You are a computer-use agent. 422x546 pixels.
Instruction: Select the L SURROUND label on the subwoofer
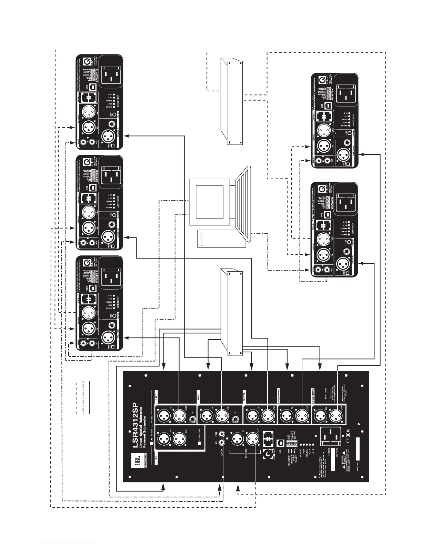[278, 394]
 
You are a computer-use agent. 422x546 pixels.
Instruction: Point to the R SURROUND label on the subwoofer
[313, 394]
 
